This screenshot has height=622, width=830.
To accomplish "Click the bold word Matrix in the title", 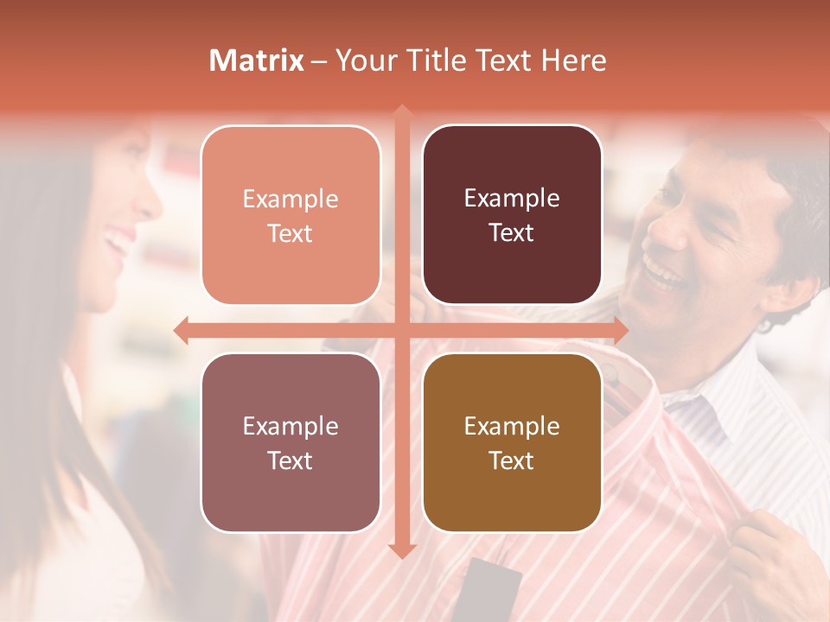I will (x=257, y=60).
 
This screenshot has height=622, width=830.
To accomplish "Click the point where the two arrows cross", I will (x=401, y=330).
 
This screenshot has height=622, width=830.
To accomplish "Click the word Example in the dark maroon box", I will (x=512, y=199).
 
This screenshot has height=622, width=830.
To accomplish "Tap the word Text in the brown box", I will (x=512, y=461).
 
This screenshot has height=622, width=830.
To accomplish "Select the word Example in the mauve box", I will (x=290, y=426).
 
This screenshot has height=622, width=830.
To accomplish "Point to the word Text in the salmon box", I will (x=290, y=234).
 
